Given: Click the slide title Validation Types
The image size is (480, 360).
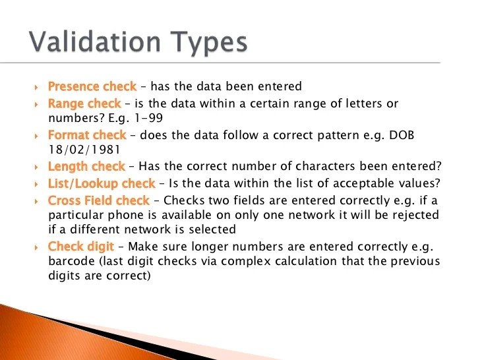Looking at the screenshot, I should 139,42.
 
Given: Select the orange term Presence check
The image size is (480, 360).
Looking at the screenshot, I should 92,86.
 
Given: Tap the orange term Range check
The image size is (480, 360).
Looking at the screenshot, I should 84,104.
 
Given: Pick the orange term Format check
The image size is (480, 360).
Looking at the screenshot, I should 87,135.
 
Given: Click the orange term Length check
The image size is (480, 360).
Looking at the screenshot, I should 86,167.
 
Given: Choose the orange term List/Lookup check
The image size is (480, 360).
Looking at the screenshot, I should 102,183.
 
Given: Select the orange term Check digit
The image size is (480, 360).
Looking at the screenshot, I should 81,247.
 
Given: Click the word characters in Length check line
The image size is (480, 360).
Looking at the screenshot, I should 307,167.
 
